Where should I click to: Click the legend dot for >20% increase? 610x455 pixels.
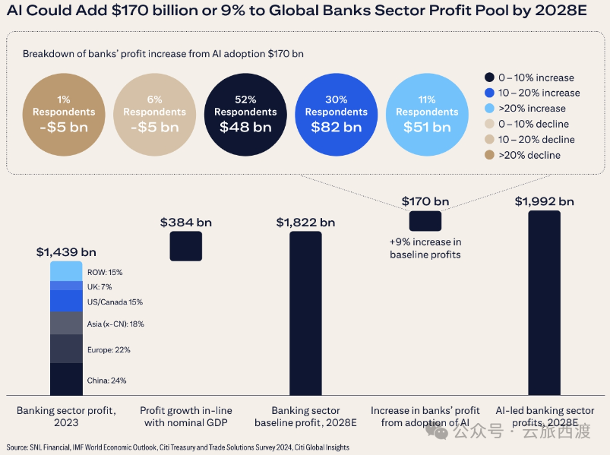click(489, 109)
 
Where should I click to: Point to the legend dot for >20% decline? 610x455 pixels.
click(489, 155)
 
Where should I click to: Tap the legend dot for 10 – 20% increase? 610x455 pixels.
click(489, 93)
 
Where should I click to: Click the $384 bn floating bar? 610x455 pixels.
click(185, 246)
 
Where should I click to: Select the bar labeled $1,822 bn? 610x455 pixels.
click(305, 311)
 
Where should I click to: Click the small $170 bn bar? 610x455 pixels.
click(425, 220)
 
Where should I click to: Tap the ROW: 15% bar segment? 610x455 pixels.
click(66, 271)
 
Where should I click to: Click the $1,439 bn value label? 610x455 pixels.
click(66, 251)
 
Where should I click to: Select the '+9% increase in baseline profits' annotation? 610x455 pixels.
click(425, 248)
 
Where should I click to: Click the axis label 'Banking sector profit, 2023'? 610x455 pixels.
click(66, 416)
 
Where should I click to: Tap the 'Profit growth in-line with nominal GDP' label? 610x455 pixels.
click(186, 416)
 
